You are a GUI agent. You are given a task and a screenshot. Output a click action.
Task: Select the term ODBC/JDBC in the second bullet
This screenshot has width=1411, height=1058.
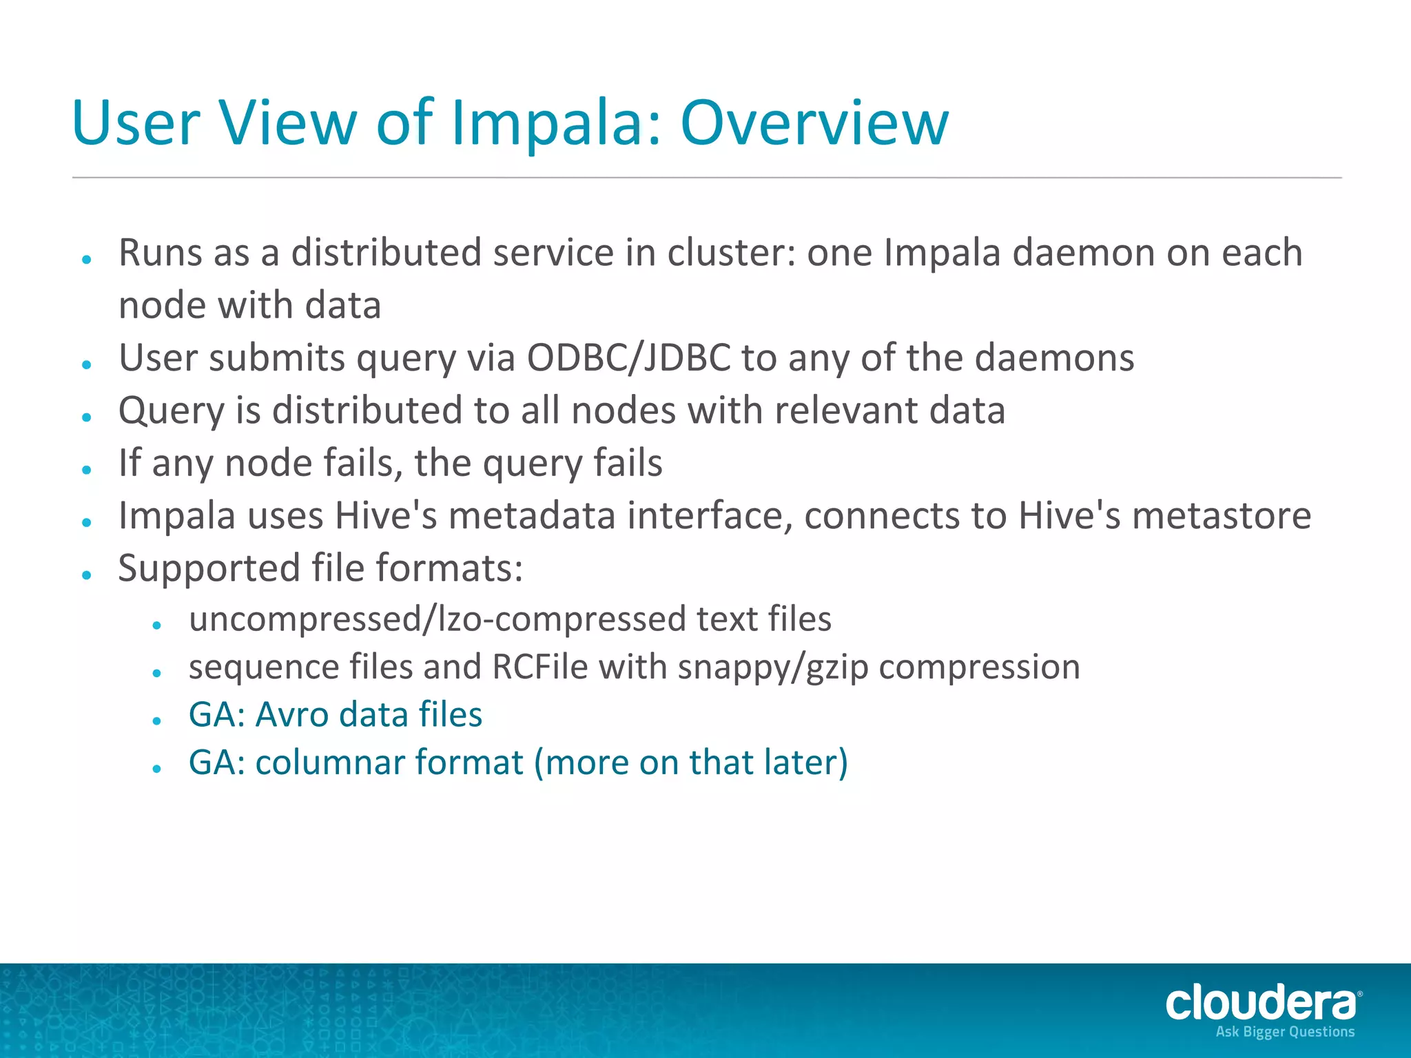click(x=628, y=357)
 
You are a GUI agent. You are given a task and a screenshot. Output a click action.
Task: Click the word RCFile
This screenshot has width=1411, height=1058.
click(x=540, y=667)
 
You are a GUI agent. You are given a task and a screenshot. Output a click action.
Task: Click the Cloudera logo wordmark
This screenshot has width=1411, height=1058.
click(x=1261, y=1002)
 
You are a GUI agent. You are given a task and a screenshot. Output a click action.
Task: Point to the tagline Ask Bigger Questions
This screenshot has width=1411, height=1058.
click(x=1285, y=1032)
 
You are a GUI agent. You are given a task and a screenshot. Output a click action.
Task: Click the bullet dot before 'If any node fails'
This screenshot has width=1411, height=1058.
click(x=87, y=470)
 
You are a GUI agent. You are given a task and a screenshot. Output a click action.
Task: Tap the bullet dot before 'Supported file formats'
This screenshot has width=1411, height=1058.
click(x=87, y=574)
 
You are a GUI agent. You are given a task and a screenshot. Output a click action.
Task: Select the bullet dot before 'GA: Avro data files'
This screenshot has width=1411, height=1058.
click(x=157, y=720)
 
